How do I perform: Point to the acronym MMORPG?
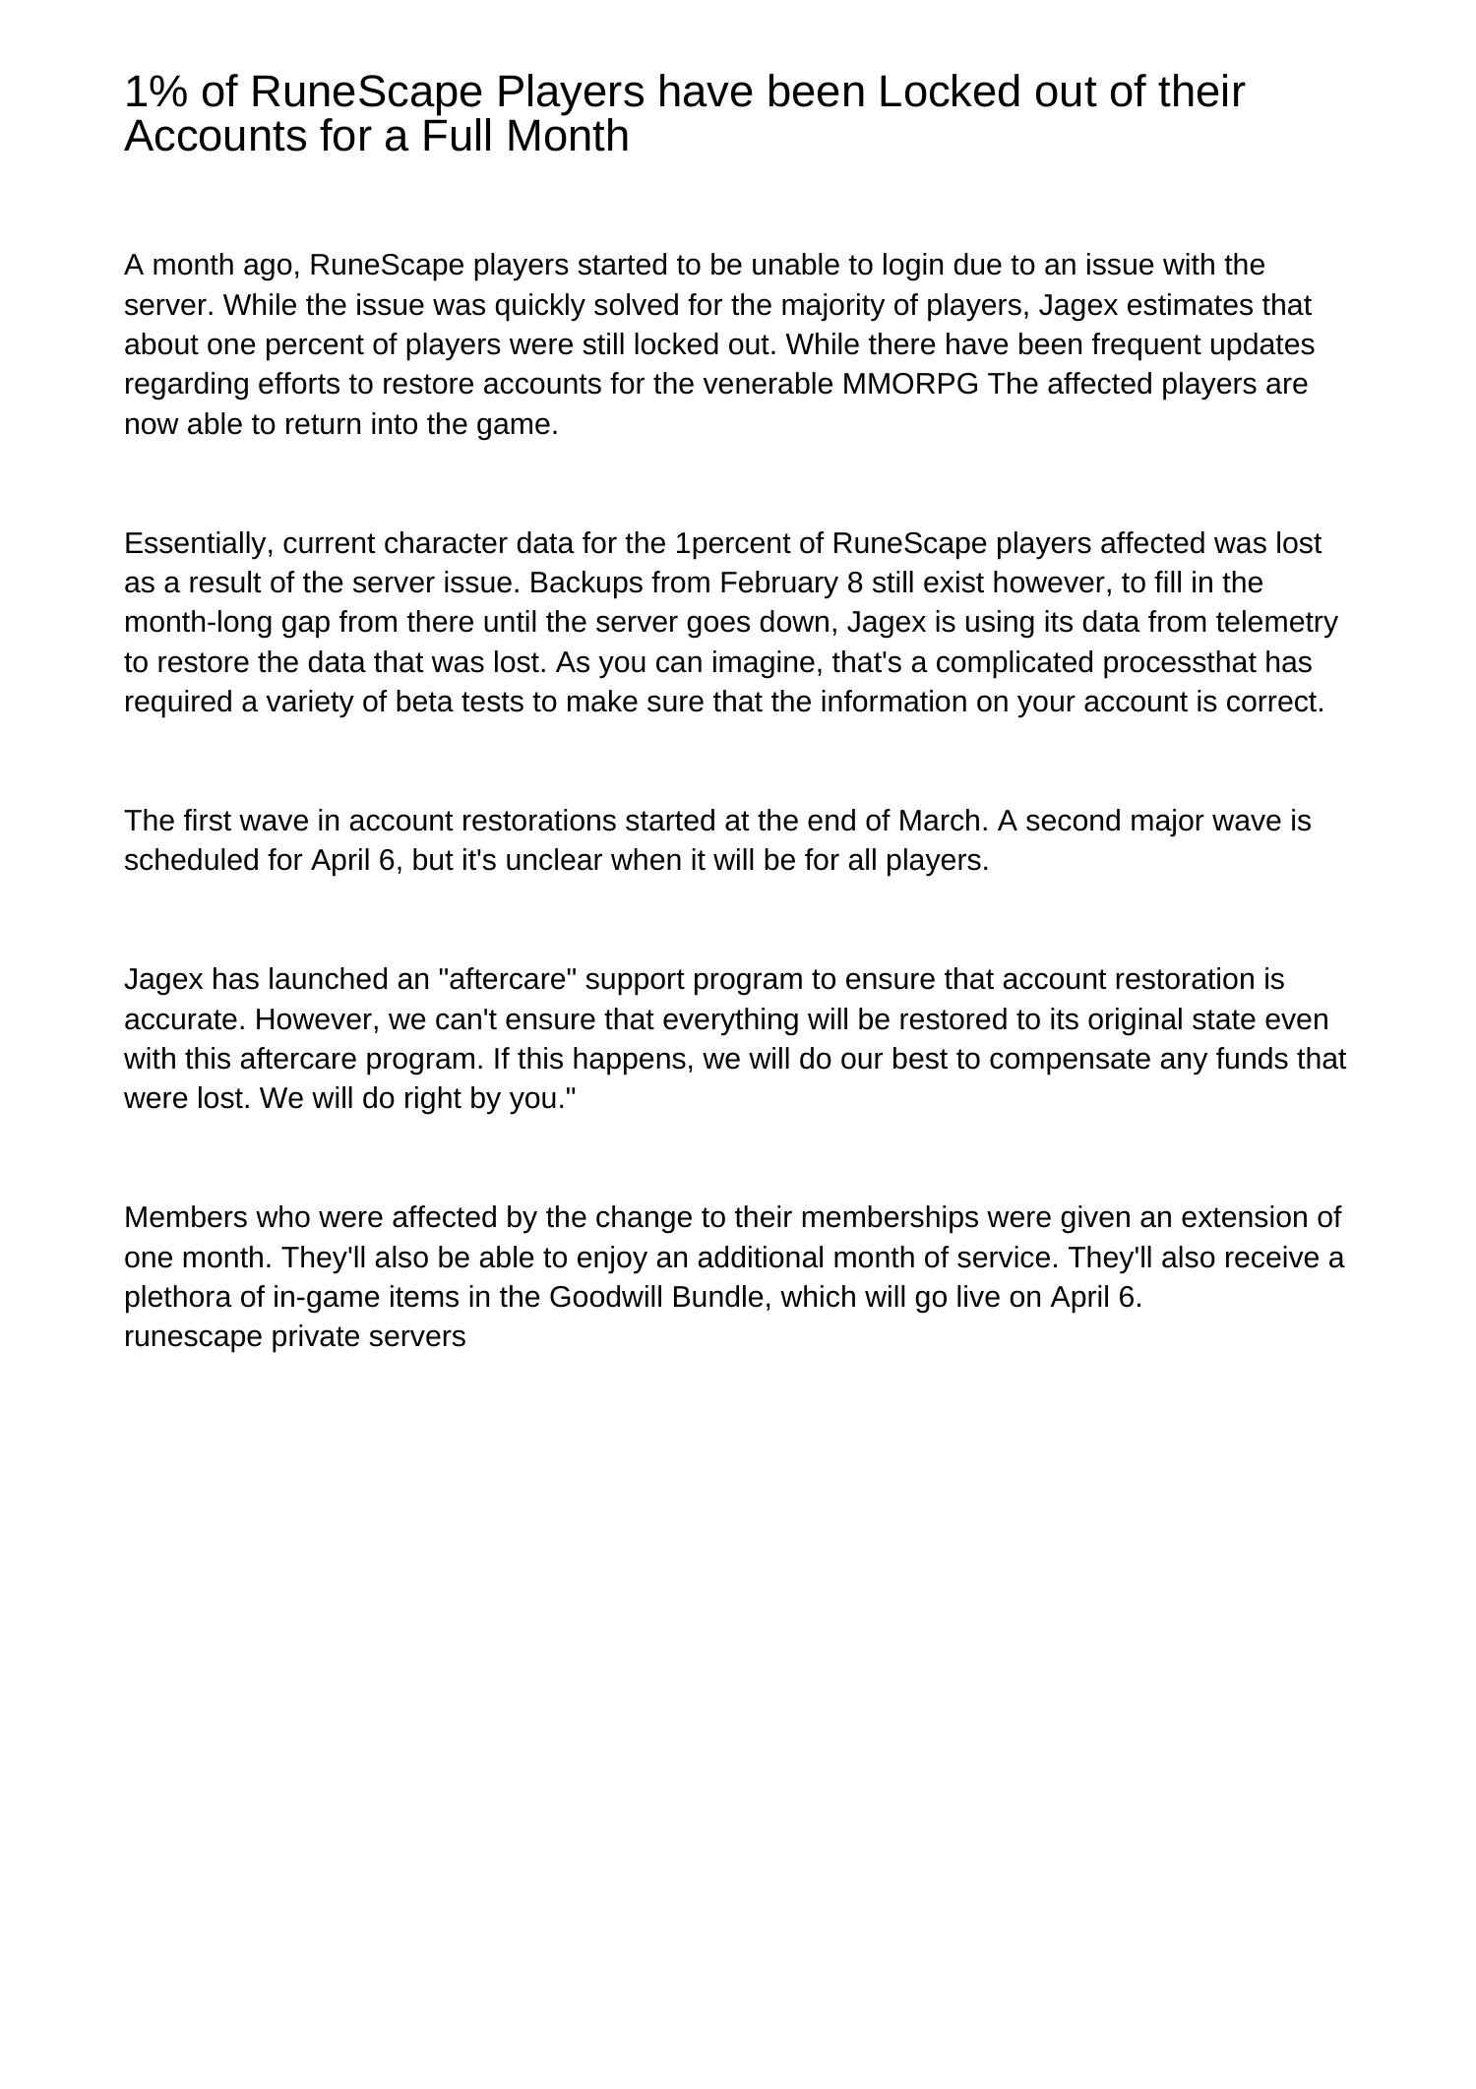click(x=910, y=384)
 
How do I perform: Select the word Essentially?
click(x=199, y=543)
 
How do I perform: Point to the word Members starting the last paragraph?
click(x=185, y=1217)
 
